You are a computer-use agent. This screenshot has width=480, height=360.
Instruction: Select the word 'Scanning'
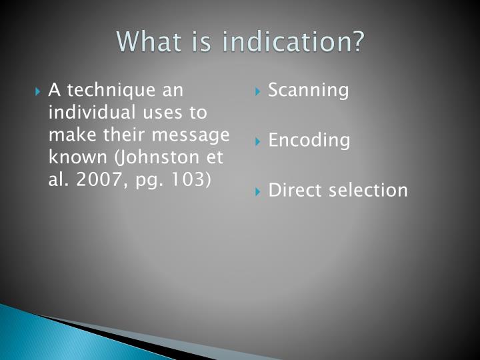tap(308, 91)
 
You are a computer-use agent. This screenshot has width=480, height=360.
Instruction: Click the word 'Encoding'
tap(309, 141)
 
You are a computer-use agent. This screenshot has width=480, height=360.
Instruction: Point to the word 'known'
tap(73, 157)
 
